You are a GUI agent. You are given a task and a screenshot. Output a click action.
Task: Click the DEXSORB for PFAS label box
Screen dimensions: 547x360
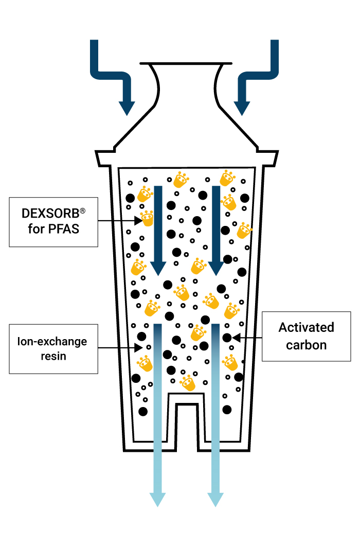[53, 221]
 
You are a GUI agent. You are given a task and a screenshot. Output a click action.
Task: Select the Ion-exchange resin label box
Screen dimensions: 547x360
[53, 348]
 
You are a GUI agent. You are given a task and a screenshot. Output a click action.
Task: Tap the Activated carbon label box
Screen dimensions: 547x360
[307, 336]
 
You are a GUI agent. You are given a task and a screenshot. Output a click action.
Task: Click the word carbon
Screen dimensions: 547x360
[307, 345]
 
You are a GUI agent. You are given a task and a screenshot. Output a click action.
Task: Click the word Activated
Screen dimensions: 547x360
[307, 327]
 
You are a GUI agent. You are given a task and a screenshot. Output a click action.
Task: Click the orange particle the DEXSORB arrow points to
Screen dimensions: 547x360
[148, 219]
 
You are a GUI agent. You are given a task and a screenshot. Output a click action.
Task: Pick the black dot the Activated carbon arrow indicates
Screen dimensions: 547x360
[227, 338]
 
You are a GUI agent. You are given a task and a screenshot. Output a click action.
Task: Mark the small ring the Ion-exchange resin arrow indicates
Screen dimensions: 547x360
[149, 347]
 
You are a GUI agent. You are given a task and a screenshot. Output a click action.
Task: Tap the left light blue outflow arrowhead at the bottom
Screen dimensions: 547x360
[158, 499]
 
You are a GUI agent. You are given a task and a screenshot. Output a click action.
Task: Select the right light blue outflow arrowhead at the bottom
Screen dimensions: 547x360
[215, 499]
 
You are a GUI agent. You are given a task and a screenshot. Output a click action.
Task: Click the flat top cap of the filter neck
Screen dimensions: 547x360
[184, 64]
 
